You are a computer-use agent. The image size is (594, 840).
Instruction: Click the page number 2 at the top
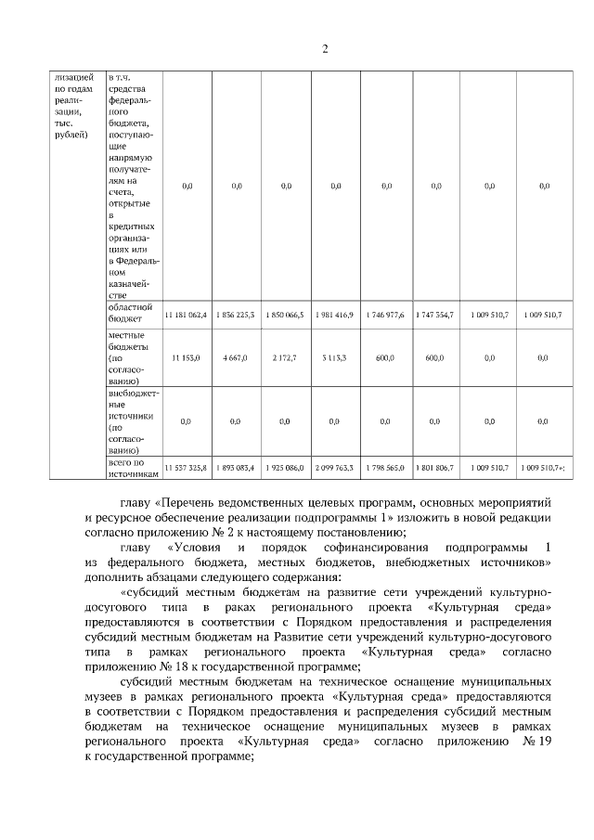(x=325, y=49)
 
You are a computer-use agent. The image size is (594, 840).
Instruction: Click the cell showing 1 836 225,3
(x=237, y=316)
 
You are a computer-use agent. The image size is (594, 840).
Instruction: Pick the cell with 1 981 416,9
(x=335, y=316)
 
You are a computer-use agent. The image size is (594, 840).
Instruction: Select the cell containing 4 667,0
(x=237, y=357)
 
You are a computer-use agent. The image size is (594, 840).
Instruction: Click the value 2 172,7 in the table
(x=286, y=357)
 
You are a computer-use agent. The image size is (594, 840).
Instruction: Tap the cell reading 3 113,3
(x=335, y=357)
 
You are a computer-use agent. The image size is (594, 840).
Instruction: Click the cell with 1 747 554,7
(x=435, y=316)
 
